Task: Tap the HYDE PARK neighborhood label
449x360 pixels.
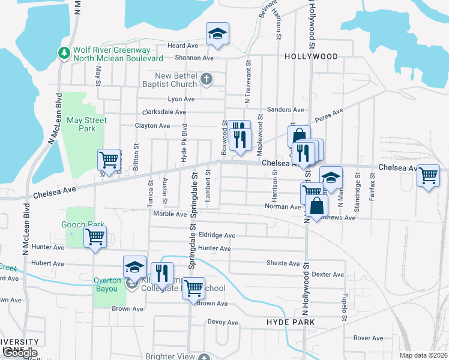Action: (x=291, y=323)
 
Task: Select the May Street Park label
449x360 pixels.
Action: (x=87, y=124)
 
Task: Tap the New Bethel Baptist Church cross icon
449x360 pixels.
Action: (x=206, y=79)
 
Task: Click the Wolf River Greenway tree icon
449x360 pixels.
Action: (x=64, y=53)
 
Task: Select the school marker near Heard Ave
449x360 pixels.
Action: (x=218, y=35)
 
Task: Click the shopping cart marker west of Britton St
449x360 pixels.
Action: (x=109, y=160)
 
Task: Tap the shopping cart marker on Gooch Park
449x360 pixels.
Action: (x=95, y=237)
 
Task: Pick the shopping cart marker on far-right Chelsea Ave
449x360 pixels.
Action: (x=428, y=176)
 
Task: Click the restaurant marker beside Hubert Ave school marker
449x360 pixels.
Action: (x=161, y=273)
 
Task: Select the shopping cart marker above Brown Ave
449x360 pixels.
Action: (x=193, y=289)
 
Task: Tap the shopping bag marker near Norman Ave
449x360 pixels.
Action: (x=317, y=206)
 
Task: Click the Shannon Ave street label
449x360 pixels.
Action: (x=194, y=58)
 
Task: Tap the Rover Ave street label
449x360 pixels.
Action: (x=368, y=338)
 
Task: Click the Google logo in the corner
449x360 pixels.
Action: (x=19, y=353)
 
